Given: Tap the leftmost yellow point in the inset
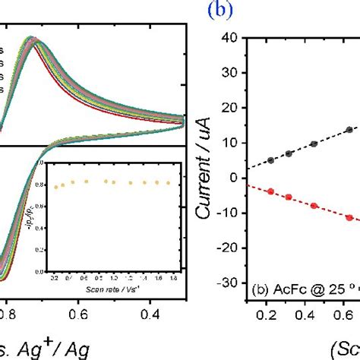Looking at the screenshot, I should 55,187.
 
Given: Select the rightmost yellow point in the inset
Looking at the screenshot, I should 167,183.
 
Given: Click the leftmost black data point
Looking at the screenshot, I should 271,160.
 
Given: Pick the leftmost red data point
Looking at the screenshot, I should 271,191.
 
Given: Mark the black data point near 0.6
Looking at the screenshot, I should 349,130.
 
